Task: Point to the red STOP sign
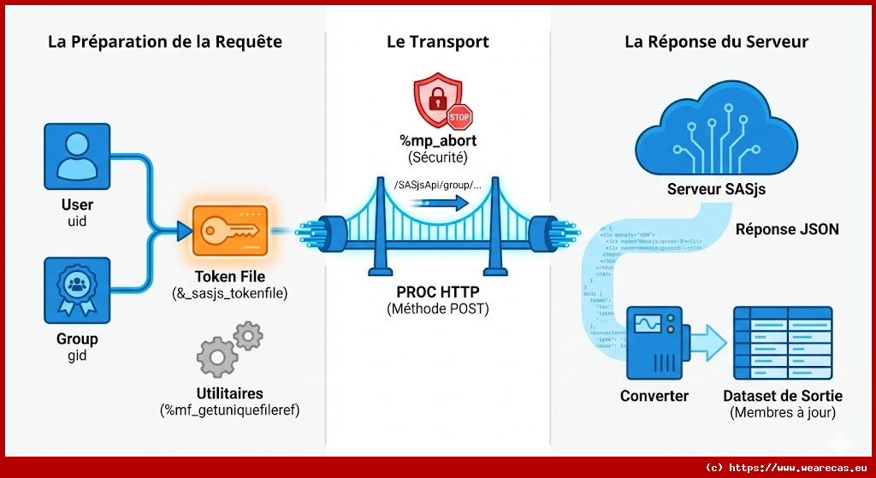459,115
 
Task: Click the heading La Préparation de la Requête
164,42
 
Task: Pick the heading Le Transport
437,42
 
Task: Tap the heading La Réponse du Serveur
716,42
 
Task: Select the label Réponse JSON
787,229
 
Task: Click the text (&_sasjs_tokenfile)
229,293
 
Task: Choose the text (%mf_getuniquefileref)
228,410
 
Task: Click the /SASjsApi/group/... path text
437,185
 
